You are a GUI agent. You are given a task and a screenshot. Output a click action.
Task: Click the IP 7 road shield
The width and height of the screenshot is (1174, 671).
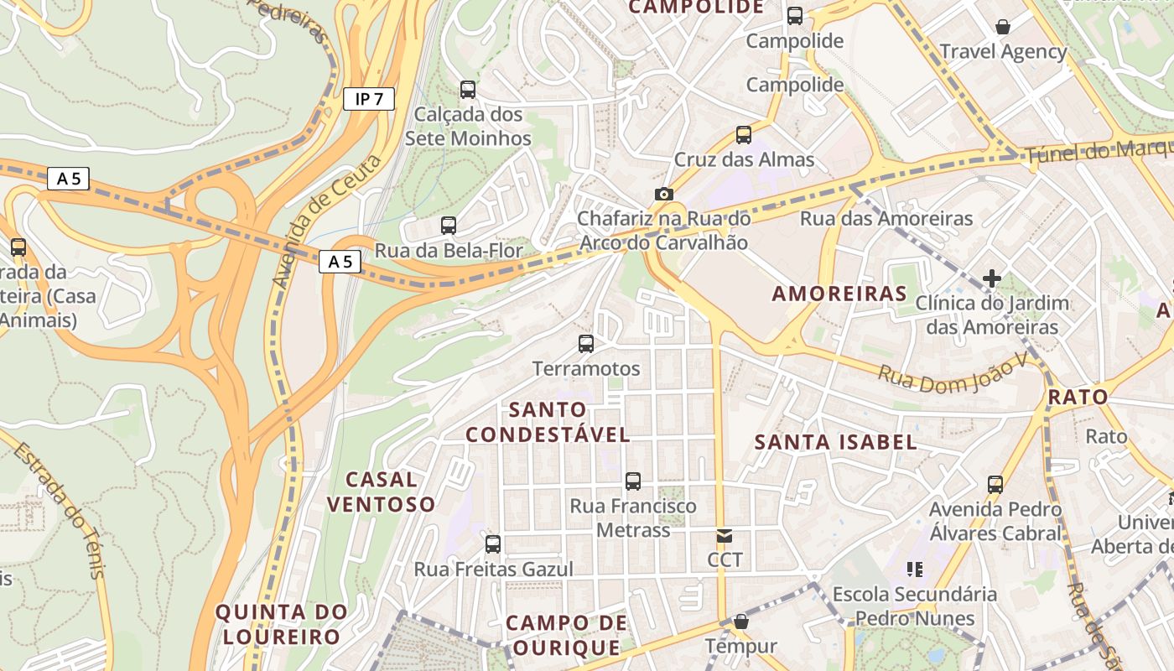(369, 99)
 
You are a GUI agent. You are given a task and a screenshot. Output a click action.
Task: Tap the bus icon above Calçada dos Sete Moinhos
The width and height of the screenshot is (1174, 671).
(468, 89)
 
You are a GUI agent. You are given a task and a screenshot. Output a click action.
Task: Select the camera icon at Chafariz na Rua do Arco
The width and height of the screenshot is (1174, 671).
(664, 195)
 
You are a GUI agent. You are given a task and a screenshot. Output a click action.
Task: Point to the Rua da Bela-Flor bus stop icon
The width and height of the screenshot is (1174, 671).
(449, 225)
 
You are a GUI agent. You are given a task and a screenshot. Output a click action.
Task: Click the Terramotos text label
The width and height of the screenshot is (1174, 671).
(586, 369)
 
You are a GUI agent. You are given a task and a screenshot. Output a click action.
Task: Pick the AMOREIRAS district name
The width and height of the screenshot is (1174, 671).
(839, 294)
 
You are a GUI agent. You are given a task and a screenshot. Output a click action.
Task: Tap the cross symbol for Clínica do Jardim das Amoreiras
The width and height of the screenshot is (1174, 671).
(992, 278)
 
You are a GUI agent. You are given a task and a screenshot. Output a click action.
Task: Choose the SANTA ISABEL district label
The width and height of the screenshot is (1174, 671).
(836, 442)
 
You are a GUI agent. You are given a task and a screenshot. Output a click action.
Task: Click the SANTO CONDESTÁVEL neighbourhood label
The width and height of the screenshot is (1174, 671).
(548, 422)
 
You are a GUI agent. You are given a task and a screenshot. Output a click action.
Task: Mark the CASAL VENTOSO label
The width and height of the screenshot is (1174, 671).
(382, 492)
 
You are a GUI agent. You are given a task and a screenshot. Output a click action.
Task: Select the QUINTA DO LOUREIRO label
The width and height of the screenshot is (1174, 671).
(281, 624)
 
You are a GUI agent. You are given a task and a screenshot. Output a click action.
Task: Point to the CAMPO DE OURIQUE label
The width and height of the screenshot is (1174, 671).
(567, 635)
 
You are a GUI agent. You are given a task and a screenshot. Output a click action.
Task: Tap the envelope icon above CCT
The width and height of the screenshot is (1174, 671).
(725, 535)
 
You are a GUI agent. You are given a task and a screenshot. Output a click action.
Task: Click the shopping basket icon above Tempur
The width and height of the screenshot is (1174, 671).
(741, 622)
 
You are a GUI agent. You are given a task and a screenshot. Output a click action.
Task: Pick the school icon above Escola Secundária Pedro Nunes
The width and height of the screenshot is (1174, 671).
(914, 570)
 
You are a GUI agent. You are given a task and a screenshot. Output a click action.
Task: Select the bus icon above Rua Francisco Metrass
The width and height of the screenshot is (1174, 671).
(633, 481)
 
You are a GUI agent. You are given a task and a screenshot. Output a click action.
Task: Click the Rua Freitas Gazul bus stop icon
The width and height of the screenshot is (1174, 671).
(493, 544)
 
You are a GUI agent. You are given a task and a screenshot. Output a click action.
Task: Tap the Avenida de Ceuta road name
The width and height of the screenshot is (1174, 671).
(327, 220)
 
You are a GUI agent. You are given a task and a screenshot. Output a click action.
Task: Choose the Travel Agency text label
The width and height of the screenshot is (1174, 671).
(1003, 52)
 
